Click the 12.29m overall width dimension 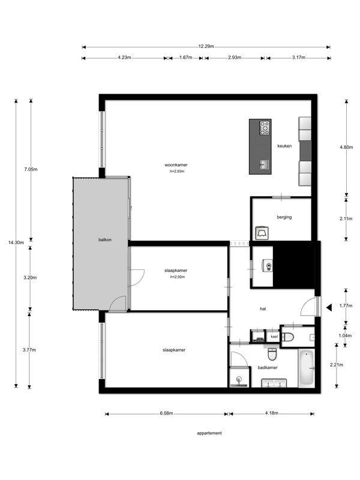(206, 47)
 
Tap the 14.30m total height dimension (16, 242)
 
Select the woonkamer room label (176, 165)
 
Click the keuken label (284, 146)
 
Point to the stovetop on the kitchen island (265, 128)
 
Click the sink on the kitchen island (265, 164)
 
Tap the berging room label (284, 217)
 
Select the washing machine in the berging (262, 233)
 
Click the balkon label (105, 239)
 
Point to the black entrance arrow (329, 307)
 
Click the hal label (263, 309)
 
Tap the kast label (274, 337)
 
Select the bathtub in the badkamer (306, 368)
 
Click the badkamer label (268, 368)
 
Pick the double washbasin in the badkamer (274, 383)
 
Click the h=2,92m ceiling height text (178, 277)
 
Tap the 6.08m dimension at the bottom (166, 413)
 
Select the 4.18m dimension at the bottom (272, 413)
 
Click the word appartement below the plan (209, 433)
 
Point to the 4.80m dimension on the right (346, 147)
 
